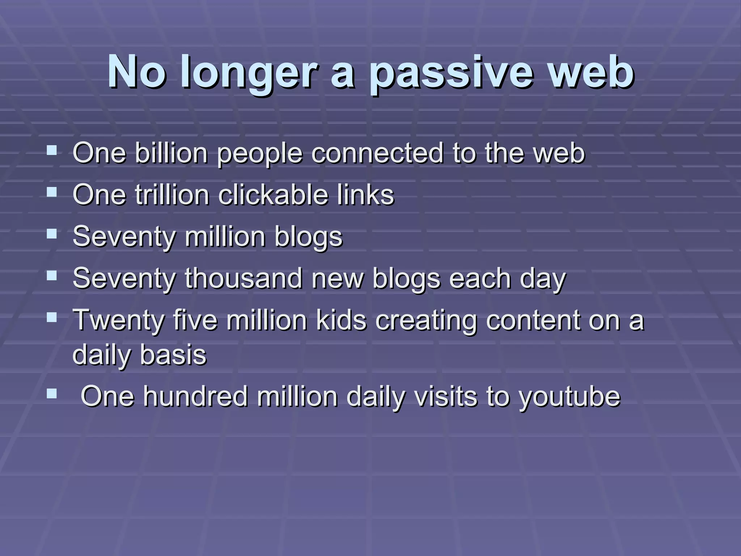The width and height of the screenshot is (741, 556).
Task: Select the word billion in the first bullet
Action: click(x=172, y=153)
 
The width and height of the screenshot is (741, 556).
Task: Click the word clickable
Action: click(x=274, y=195)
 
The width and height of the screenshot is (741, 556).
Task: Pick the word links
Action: click(x=365, y=195)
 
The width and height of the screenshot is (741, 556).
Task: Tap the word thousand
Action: click(x=244, y=279)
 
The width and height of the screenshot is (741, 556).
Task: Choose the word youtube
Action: click(x=569, y=397)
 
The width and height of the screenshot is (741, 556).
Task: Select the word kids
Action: click(x=342, y=320)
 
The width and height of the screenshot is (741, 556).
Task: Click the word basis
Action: click(x=173, y=355)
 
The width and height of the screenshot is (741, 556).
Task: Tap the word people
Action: click(x=259, y=153)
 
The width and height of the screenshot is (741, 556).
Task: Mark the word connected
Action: click(x=377, y=153)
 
